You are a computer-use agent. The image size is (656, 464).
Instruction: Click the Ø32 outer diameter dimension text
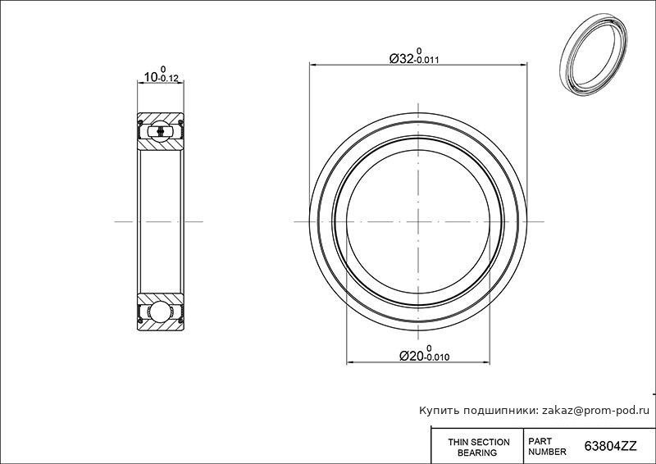pos(402,58)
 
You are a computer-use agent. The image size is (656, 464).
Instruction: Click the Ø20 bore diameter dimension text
pos(412,356)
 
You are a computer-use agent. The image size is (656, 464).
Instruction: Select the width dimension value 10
pos(151,77)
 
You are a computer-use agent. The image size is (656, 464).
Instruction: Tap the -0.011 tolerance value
pos(426,60)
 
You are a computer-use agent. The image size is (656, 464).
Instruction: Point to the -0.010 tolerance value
pos(437,357)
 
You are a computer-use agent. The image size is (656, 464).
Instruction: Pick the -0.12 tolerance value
pos(169,78)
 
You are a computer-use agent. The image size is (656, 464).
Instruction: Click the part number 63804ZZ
pos(610,447)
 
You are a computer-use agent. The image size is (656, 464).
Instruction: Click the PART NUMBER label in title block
pos(547,447)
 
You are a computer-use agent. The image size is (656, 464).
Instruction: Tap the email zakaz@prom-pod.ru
pos(595,411)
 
